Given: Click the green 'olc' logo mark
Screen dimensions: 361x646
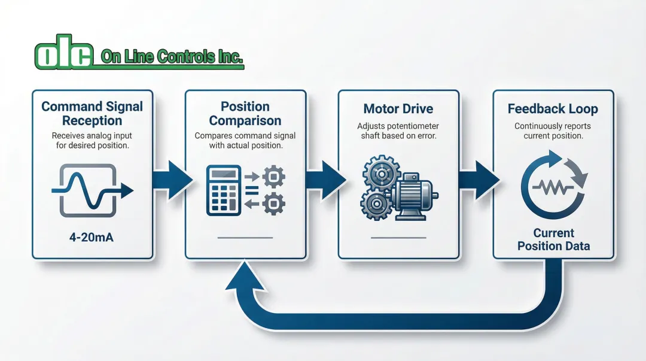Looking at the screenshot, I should click(64, 56).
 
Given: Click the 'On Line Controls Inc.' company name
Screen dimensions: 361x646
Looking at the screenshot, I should click(172, 57).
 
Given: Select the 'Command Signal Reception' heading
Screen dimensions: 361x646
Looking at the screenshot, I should click(92, 114).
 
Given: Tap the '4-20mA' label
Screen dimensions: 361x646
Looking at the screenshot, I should click(92, 237).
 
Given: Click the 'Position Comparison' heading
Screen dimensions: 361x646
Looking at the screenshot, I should click(245, 114).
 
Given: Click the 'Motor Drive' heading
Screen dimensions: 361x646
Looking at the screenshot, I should click(398, 109).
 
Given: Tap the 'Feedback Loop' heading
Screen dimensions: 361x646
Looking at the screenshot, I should click(553, 109).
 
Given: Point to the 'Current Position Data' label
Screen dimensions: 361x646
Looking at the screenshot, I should click(553, 239).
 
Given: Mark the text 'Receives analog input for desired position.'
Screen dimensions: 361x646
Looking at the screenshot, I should click(92, 141).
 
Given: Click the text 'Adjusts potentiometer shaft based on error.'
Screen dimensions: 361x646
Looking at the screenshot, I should click(398, 131).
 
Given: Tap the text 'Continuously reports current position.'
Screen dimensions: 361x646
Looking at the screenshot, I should click(553, 131).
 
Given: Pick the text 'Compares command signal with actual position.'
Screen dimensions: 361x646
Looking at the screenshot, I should click(245, 141).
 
